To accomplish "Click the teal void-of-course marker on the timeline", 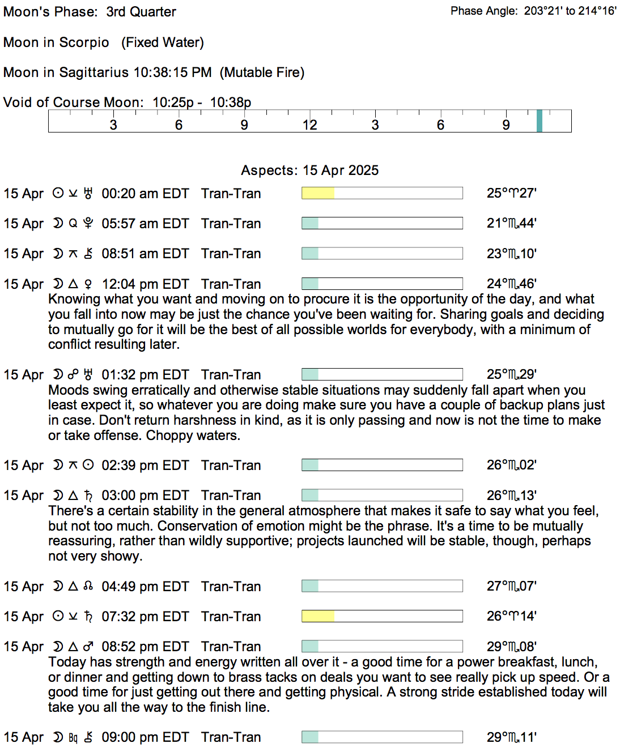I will (540, 121).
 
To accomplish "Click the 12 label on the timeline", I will (309, 125).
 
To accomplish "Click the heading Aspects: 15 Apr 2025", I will (309, 170).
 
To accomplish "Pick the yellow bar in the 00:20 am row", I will (318, 194).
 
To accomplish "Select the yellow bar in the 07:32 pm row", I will (318, 616).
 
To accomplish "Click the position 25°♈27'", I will (511, 193).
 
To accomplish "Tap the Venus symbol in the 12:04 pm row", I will (88, 284).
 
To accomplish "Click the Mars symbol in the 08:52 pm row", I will (88, 646).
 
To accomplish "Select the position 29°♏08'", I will (511, 646).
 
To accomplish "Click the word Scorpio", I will (84, 42).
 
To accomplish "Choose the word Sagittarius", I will (94, 72).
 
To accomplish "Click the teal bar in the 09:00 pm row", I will (310, 737).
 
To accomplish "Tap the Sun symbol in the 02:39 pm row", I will (88, 465).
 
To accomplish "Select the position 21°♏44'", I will (511, 223).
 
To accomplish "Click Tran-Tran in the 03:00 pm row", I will (231, 495).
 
